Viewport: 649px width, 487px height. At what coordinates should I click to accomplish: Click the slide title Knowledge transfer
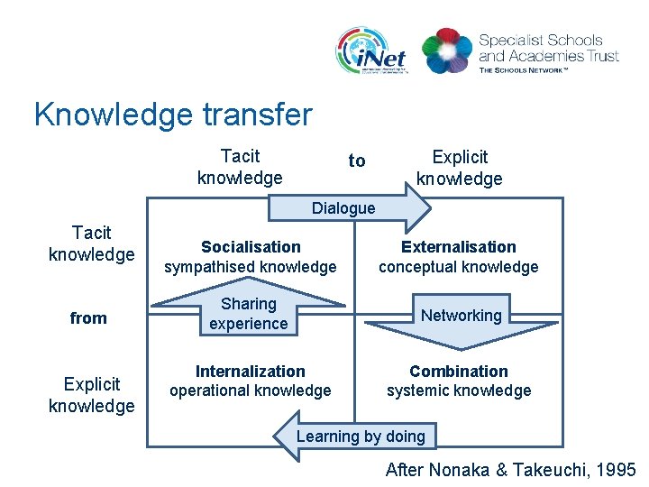click(173, 115)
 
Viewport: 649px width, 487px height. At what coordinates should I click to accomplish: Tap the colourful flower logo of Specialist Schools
click(446, 51)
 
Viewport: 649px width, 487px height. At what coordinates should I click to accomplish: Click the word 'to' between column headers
click(357, 161)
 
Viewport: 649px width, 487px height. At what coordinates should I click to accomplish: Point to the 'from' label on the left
click(88, 317)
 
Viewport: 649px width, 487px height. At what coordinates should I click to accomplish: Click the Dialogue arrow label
click(343, 208)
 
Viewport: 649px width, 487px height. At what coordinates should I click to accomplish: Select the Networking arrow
click(461, 316)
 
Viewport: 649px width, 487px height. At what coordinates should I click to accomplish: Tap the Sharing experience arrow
click(248, 314)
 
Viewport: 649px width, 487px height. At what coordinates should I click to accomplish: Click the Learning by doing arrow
click(360, 436)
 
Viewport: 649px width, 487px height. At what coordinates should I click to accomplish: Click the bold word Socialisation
click(251, 247)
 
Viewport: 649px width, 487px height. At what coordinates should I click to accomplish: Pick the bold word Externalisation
click(458, 247)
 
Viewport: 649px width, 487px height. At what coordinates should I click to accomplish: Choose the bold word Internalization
click(251, 372)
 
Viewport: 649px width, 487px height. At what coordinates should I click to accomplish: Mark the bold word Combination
click(458, 372)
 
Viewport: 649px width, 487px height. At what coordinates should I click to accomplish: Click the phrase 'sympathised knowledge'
click(251, 267)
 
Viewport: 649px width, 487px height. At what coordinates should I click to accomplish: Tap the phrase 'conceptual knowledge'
click(458, 267)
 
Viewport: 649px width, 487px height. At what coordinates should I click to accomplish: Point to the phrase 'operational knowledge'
click(251, 391)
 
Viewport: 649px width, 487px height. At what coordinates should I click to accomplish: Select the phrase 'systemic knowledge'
click(458, 391)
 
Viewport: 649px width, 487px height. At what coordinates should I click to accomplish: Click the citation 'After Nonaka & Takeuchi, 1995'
click(510, 469)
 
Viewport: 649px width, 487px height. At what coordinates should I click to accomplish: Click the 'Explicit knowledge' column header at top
click(459, 168)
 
